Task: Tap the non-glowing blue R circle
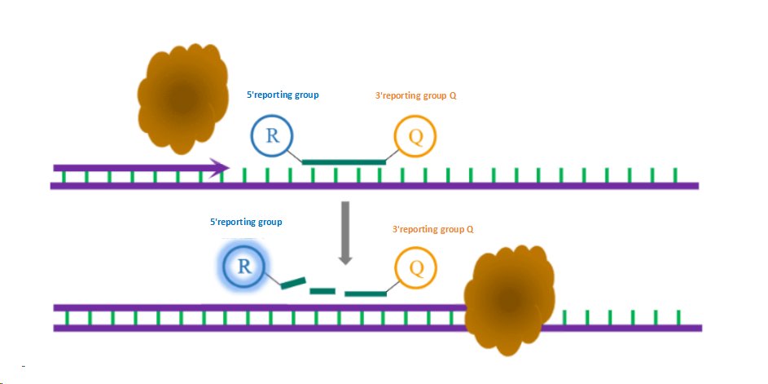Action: coord(272,135)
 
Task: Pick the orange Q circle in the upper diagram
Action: coord(415,136)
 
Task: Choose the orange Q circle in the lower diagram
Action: coord(415,267)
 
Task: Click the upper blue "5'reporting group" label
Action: coord(282,95)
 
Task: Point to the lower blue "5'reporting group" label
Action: coord(245,221)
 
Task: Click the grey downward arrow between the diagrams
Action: coord(345,233)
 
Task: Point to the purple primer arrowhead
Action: coord(219,168)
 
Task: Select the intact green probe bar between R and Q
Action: coord(343,162)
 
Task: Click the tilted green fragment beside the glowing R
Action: coord(293,283)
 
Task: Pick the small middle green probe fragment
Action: coord(323,290)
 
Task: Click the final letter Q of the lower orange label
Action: coord(470,229)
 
